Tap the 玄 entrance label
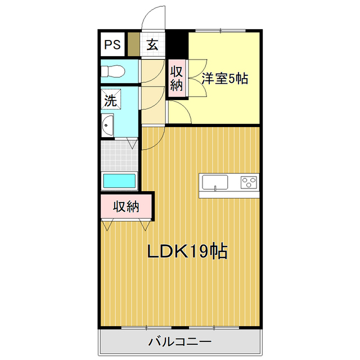152,45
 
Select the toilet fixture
112,71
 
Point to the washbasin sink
107,125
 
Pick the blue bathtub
120,182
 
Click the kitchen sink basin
215,182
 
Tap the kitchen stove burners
249,182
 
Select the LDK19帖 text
187,251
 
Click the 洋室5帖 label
225,79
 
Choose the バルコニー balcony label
179,341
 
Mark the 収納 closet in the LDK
126,206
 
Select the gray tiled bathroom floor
119,155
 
